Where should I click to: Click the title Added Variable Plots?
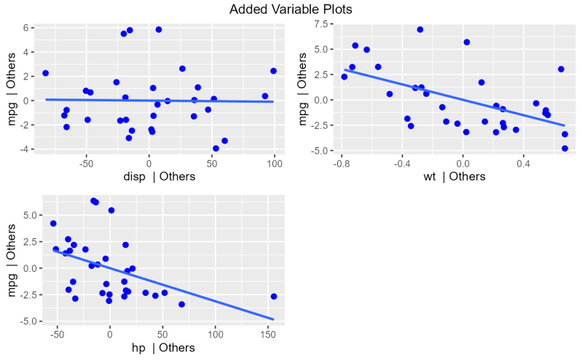click(x=291, y=9)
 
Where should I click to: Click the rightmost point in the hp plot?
click(x=274, y=297)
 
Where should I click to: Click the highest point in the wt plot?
click(x=420, y=30)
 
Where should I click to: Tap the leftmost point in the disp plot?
click(x=45, y=74)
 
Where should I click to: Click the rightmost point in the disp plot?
click(x=273, y=71)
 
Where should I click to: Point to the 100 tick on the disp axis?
click(x=275, y=163)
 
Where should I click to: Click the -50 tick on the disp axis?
click(x=86, y=163)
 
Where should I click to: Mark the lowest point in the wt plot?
click(x=565, y=149)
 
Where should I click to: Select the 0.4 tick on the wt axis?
click(x=522, y=163)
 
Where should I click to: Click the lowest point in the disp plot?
click(x=216, y=149)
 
